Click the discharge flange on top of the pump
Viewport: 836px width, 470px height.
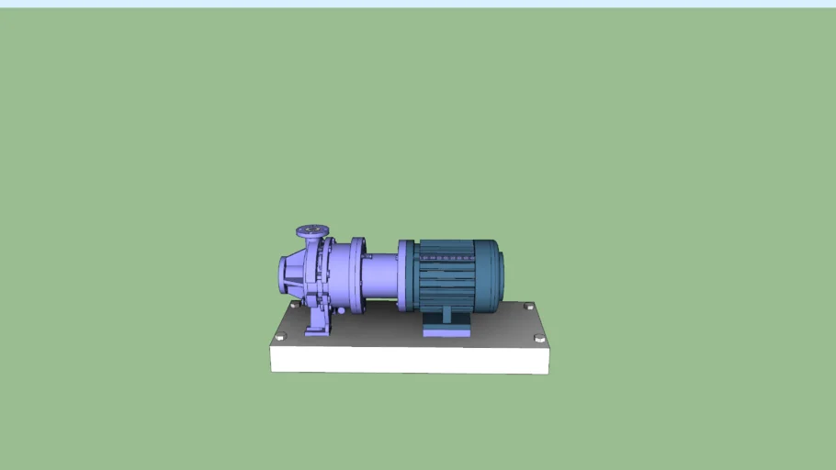point(312,230)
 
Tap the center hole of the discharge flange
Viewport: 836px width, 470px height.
point(312,228)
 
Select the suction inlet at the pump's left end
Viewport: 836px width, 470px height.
point(287,273)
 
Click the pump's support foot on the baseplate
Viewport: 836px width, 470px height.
point(316,324)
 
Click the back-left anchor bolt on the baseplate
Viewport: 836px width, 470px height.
point(294,304)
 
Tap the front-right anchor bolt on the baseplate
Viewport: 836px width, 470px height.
point(539,339)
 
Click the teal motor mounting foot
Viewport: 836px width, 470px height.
point(446,325)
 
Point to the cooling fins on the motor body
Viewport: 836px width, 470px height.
point(446,285)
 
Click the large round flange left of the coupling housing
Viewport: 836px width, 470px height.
point(356,275)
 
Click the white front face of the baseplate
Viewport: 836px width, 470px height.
point(409,360)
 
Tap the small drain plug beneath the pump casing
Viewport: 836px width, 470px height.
point(339,311)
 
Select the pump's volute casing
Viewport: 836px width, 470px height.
point(308,274)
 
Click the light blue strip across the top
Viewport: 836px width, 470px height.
point(418,4)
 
